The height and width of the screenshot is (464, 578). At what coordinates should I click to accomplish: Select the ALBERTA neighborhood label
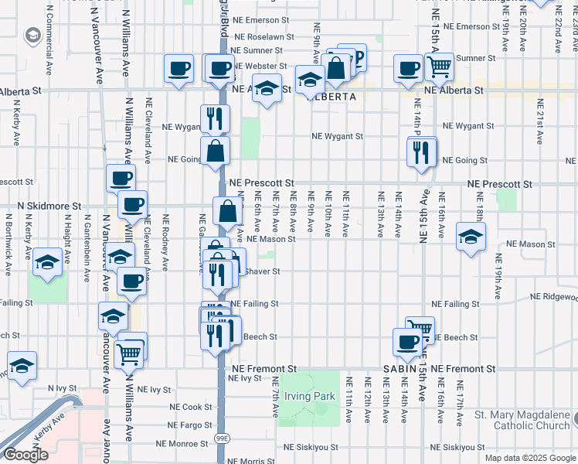(x=331, y=97)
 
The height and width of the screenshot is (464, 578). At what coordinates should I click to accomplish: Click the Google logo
(x=25, y=455)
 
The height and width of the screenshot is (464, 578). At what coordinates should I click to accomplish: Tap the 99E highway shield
(x=222, y=438)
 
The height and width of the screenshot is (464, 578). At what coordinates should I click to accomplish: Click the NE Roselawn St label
(x=263, y=36)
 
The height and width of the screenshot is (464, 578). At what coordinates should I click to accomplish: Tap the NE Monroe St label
(x=182, y=444)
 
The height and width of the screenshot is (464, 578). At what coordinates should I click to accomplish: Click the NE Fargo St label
(x=189, y=425)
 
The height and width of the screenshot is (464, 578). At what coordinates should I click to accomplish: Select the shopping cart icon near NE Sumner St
(x=439, y=68)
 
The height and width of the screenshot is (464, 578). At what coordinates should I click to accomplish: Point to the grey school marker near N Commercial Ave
(x=33, y=36)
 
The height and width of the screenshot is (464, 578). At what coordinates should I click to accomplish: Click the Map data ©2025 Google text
(x=529, y=458)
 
